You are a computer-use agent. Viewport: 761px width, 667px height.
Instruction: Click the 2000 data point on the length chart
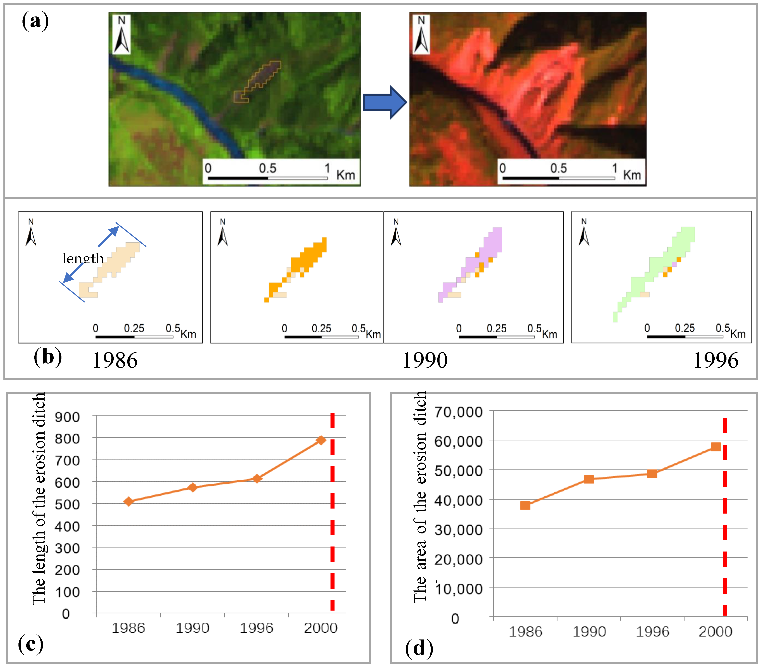(x=321, y=440)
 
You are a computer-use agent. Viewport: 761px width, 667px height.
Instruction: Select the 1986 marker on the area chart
(x=525, y=505)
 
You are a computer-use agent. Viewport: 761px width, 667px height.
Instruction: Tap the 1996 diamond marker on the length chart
(x=257, y=479)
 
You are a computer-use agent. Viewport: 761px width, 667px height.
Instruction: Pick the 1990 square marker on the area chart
(x=589, y=479)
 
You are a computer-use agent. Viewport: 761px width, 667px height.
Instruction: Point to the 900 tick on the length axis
(x=67, y=417)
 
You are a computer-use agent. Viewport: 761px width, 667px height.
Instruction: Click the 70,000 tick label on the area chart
(x=458, y=412)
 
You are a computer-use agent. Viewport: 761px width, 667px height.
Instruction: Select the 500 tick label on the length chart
(x=67, y=505)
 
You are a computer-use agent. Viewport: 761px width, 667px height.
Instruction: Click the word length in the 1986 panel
(x=83, y=258)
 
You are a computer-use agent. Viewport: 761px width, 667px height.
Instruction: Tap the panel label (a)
(x=35, y=21)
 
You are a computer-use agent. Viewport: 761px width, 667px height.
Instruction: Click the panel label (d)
(x=419, y=648)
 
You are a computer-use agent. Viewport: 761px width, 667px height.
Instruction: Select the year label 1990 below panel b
(x=425, y=360)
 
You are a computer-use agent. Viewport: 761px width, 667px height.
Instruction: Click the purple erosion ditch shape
(x=484, y=257)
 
